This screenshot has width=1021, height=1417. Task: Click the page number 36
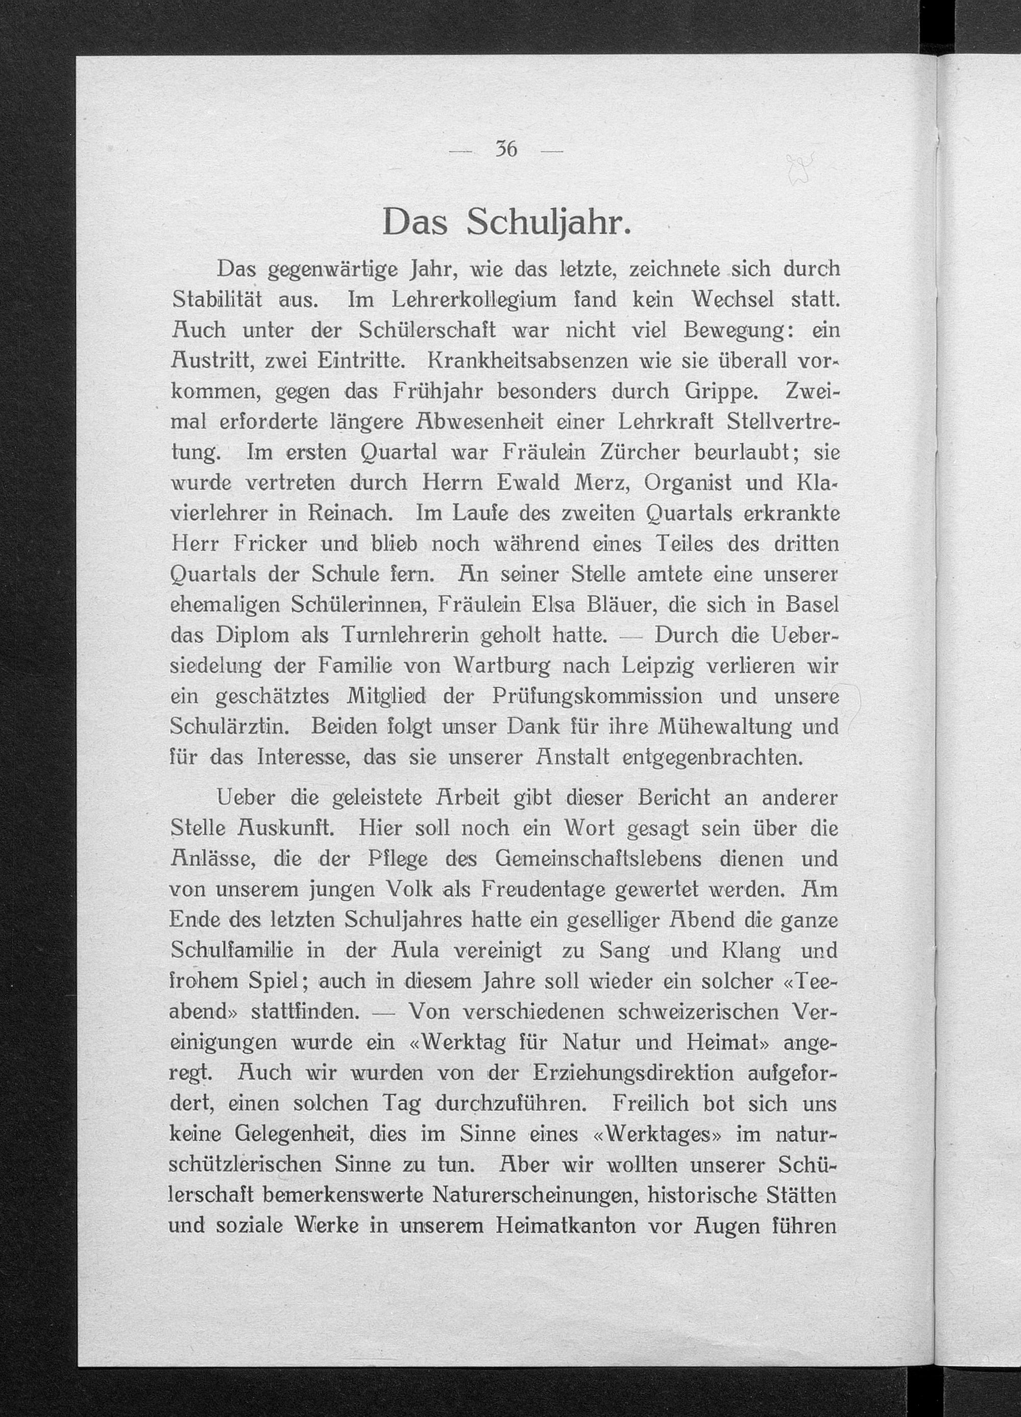pos(506,149)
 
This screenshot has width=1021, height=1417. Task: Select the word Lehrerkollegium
pos(473,299)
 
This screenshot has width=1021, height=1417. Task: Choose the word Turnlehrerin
pos(405,635)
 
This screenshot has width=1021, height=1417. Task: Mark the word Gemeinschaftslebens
pos(598,858)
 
